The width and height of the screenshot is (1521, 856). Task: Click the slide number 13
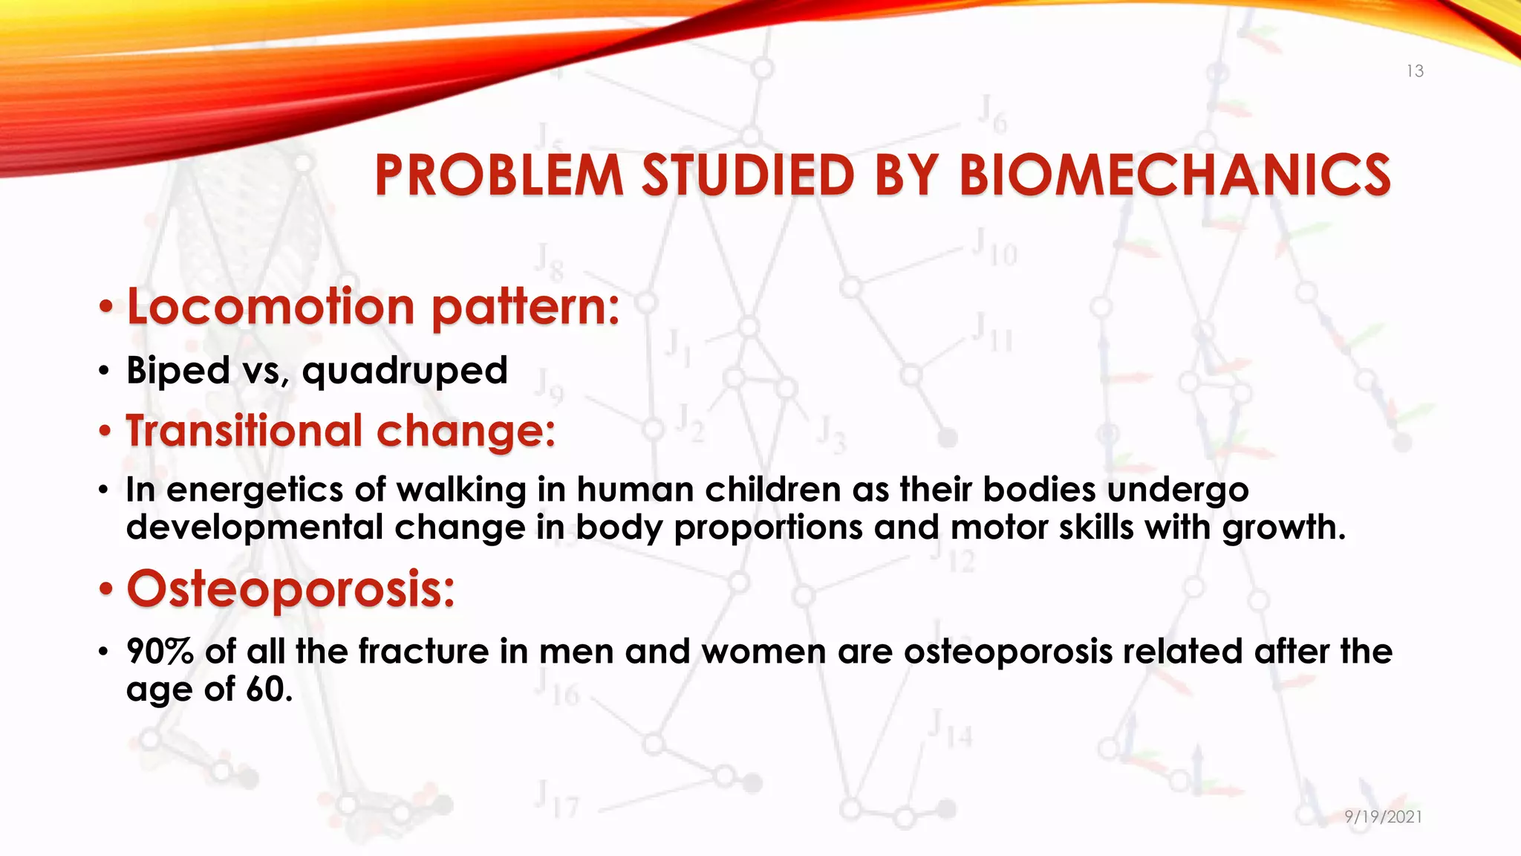(x=1414, y=71)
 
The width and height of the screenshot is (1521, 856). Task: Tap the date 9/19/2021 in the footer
(x=1383, y=817)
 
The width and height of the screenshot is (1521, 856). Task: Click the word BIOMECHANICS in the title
(x=1174, y=176)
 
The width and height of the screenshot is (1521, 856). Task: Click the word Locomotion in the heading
(x=270, y=306)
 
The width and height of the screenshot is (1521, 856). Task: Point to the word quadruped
(x=405, y=371)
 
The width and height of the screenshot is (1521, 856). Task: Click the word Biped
(x=177, y=370)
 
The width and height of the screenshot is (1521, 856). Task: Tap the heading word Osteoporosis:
(x=290, y=588)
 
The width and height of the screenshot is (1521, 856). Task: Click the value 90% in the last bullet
(x=160, y=652)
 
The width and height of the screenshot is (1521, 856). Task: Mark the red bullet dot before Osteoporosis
(x=107, y=590)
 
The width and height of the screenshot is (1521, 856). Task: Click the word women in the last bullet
(x=763, y=652)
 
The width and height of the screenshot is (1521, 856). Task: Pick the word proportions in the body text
(x=768, y=528)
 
